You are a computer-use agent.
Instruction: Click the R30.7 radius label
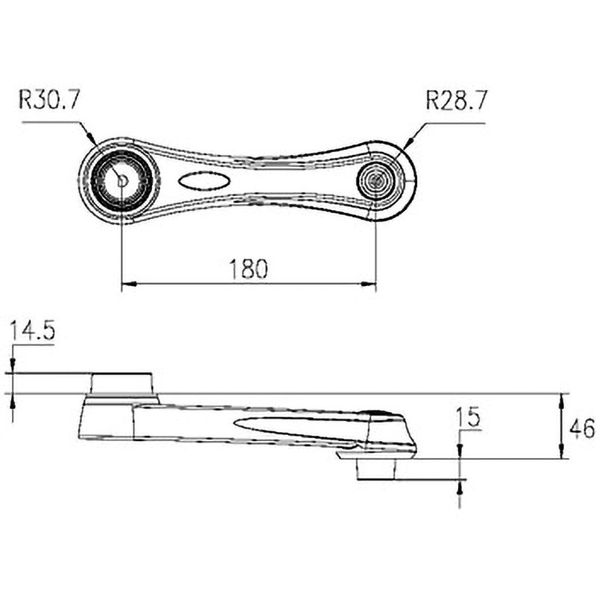pyautogui.click(x=49, y=100)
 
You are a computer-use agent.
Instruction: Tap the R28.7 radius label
pyautogui.click(x=456, y=101)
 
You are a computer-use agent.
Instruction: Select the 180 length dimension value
pyautogui.click(x=249, y=269)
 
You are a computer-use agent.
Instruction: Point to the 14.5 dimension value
pyautogui.click(x=32, y=330)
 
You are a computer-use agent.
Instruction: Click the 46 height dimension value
pyautogui.click(x=582, y=428)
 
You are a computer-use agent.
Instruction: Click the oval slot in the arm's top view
pyautogui.click(x=203, y=180)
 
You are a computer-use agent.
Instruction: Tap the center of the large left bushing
pyautogui.click(x=121, y=180)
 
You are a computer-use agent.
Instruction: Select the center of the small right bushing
pyautogui.click(x=376, y=180)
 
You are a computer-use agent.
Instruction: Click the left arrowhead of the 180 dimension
pyautogui.click(x=128, y=284)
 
